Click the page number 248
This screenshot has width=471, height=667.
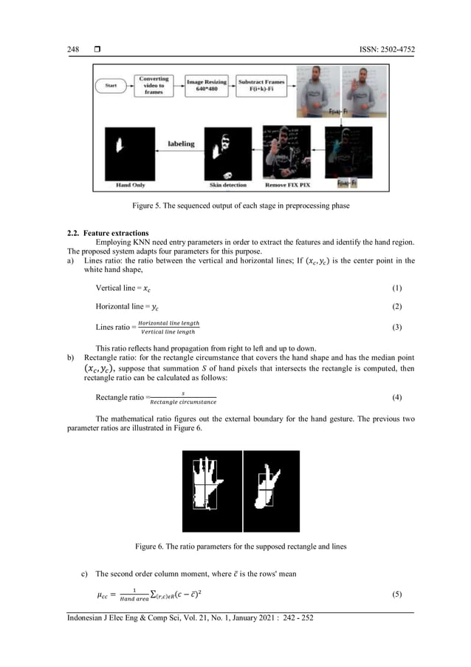coord(73,50)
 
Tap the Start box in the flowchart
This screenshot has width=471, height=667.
coord(111,86)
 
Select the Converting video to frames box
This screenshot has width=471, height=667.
coord(154,85)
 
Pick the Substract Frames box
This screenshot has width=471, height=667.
coord(262,84)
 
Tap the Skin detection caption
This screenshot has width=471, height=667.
coord(224,185)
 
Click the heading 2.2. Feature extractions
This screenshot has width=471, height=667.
coord(108,234)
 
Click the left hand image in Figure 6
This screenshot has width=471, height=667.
coord(212,491)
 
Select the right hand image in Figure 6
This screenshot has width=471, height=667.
coord(271,491)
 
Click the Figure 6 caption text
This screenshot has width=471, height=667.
coord(235,546)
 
